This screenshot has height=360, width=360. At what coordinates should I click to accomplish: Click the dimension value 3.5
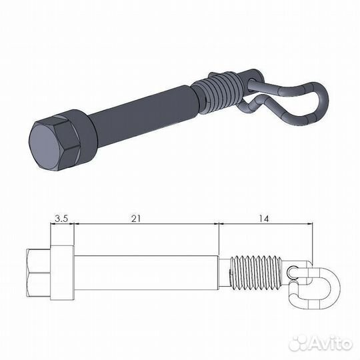coord(61,218)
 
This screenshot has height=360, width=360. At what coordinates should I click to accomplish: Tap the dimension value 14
coord(265,218)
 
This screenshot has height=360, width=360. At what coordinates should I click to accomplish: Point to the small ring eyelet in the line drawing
coord(293,272)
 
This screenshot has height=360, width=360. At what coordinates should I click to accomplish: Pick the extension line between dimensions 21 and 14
coord(219,240)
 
